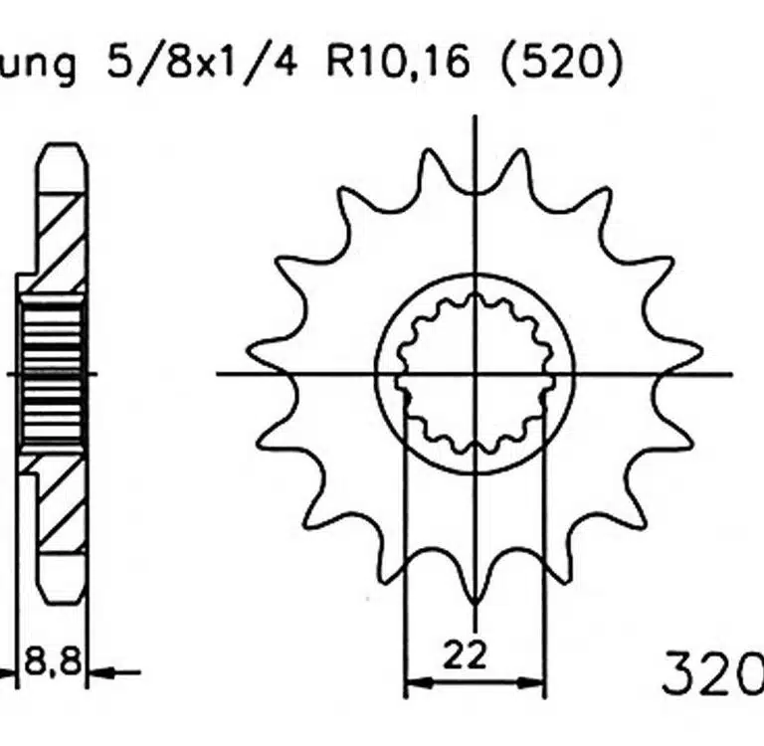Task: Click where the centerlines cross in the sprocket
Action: [x=476, y=374]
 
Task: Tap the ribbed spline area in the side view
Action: [x=50, y=373]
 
